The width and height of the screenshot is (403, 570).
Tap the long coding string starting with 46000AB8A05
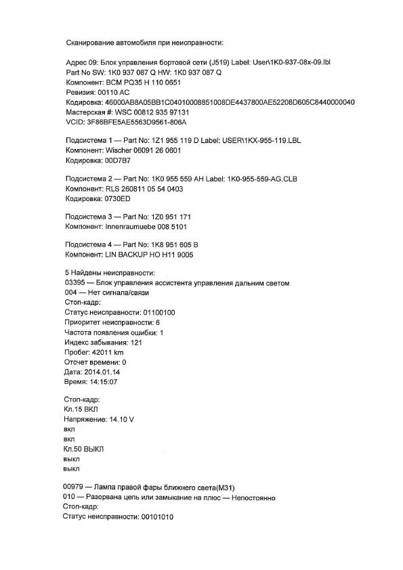(230, 102)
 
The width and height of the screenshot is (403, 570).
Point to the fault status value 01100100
(158, 313)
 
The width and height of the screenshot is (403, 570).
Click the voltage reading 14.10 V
(121, 420)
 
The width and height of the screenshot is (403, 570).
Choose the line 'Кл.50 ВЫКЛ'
(84, 449)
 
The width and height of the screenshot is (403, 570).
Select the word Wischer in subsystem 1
(118, 151)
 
